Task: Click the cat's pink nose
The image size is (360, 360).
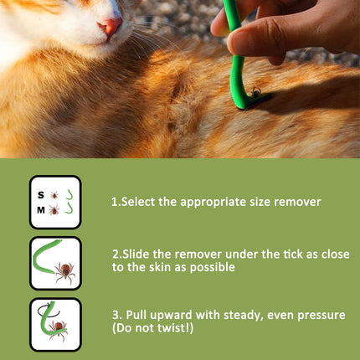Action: coord(111,26)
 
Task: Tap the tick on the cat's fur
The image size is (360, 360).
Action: coord(255,92)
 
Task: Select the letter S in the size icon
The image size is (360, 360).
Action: coord(41,195)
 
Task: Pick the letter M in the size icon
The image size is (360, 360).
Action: coord(41,210)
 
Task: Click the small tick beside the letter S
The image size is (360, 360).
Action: coord(54,195)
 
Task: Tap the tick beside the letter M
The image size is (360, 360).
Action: coord(54,210)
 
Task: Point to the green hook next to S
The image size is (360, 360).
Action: coord(70,196)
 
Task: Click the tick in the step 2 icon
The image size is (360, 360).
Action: coord(65,272)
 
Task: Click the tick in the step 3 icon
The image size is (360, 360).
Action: coord(58,330)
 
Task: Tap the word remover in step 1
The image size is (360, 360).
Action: coord(297,202)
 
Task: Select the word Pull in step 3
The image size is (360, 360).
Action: coord(136,315)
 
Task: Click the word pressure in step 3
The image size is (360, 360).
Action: coord(321,316)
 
